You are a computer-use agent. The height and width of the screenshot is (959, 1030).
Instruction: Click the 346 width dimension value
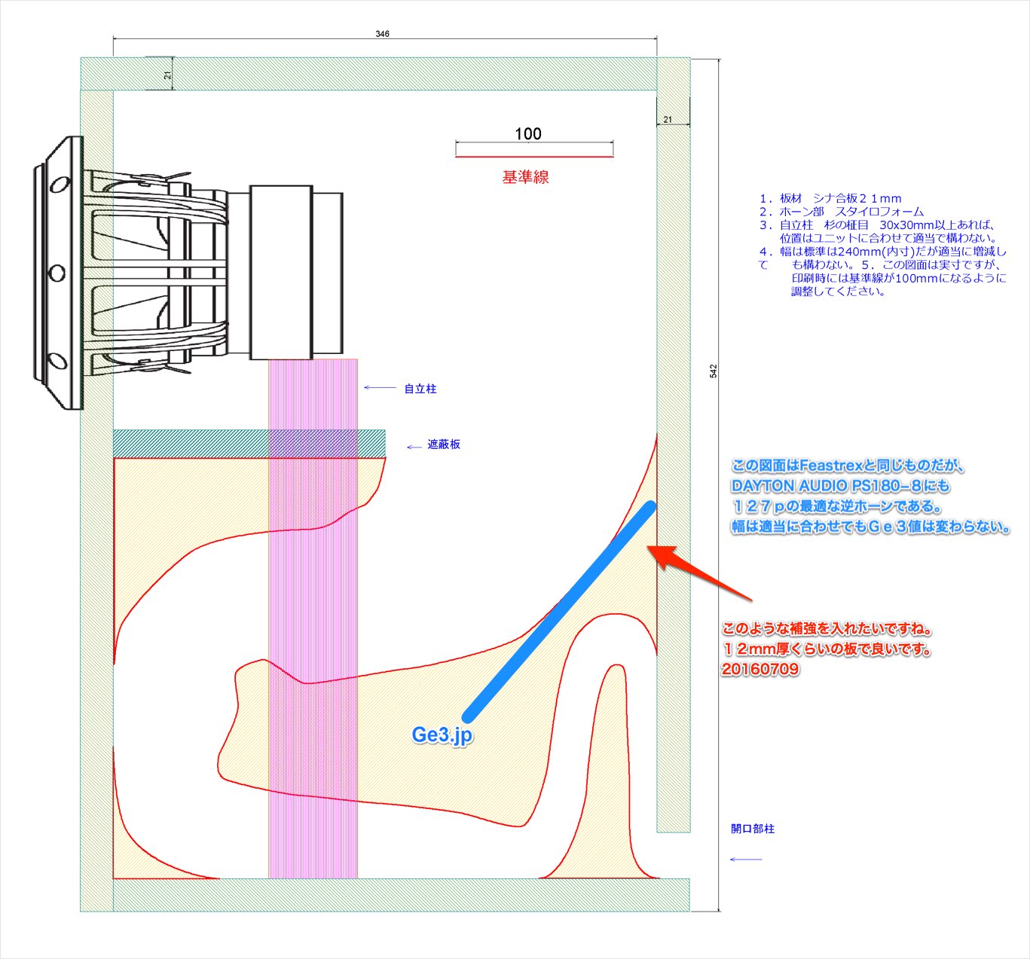click(382, 34)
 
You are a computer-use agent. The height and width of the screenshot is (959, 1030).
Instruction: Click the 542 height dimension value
click(713, 371)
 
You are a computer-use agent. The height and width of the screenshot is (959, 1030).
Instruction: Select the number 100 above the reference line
click(528, 134)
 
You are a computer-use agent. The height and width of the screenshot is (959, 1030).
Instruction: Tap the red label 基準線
click(525, 177)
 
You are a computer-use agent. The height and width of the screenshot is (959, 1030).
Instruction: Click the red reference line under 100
click(534, 156)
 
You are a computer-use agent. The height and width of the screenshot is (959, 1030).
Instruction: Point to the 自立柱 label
click(420, 389)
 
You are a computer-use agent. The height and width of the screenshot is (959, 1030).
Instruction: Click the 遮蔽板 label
click(444, 444)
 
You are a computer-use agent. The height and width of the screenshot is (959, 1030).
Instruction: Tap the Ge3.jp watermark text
click(442, 735)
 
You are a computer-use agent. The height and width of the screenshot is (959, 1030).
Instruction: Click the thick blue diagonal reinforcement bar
click(559, 610)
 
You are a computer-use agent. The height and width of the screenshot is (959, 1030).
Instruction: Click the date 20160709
click(760, 669)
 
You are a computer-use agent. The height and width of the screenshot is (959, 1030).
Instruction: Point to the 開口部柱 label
click(753, 829)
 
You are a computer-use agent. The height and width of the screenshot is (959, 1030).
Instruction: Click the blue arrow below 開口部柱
click(746, 860)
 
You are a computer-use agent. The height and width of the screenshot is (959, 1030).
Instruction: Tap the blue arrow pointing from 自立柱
click(381, 387)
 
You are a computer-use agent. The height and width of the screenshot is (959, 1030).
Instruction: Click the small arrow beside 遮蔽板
click(414, 447)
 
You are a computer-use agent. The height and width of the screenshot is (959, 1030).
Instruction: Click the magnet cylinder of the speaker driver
click(281, 272)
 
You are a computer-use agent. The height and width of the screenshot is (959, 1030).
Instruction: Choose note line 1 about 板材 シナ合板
click(830, 198)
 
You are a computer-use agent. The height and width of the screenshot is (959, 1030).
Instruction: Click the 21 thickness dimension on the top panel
click(167, 75)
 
